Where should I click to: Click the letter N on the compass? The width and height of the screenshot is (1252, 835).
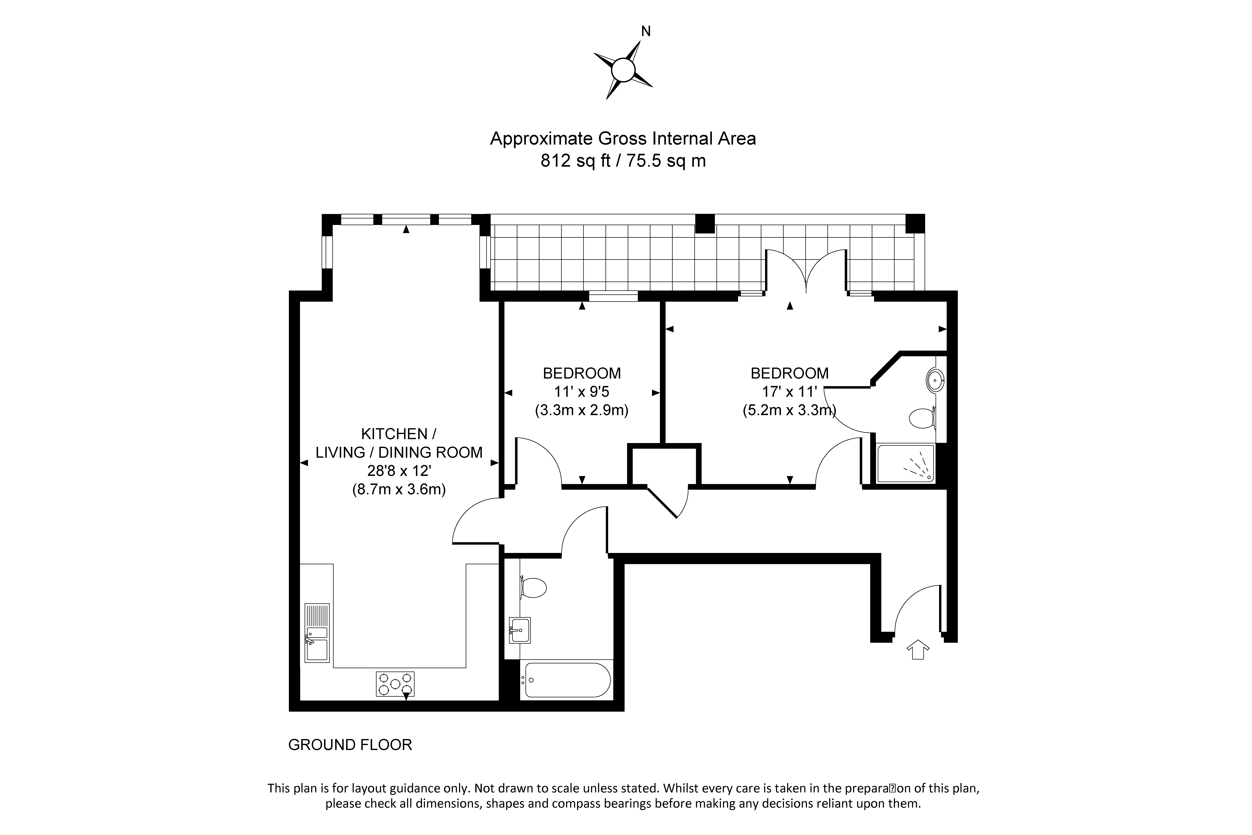(646, 31)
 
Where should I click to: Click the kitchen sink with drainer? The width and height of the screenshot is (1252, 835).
(317, 633)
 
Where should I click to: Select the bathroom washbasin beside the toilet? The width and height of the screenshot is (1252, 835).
(519, 630)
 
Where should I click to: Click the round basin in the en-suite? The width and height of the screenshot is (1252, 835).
(935, 381)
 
